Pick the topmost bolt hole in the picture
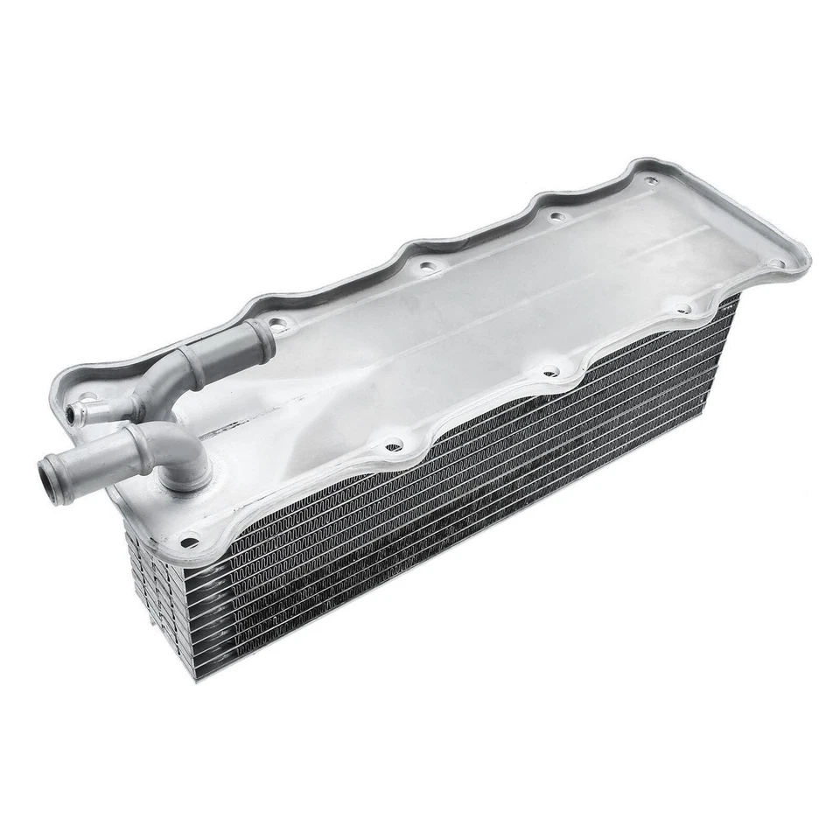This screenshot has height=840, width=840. (650, 181)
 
